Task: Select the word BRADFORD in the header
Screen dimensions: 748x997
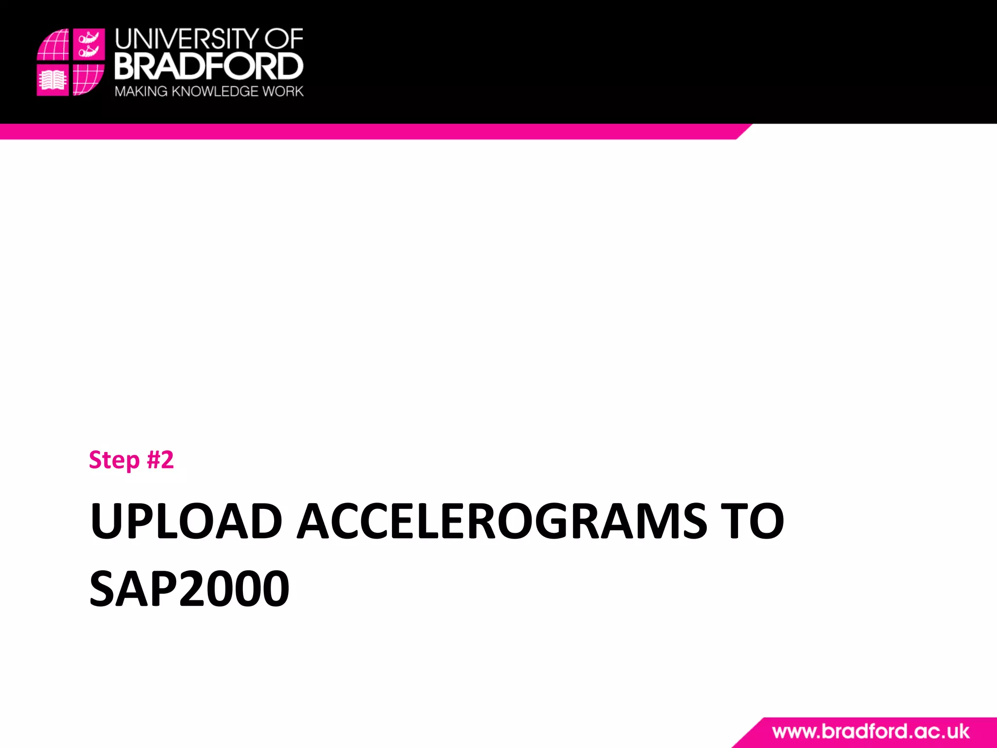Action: point(209,66)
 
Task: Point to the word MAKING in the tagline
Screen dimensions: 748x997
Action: point(141,92)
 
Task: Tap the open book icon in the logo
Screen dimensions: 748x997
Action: point(53,80)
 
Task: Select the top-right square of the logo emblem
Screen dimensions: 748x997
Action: point(89,44)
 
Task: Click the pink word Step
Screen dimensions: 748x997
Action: point(114,460)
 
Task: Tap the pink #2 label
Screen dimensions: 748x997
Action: point(160,459)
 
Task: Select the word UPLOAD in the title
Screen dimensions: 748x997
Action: point(186,521)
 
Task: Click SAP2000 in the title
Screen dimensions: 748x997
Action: point(189,589)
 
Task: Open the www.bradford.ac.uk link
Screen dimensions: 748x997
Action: point(870,732)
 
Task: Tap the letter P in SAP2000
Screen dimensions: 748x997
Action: point(162,589)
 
